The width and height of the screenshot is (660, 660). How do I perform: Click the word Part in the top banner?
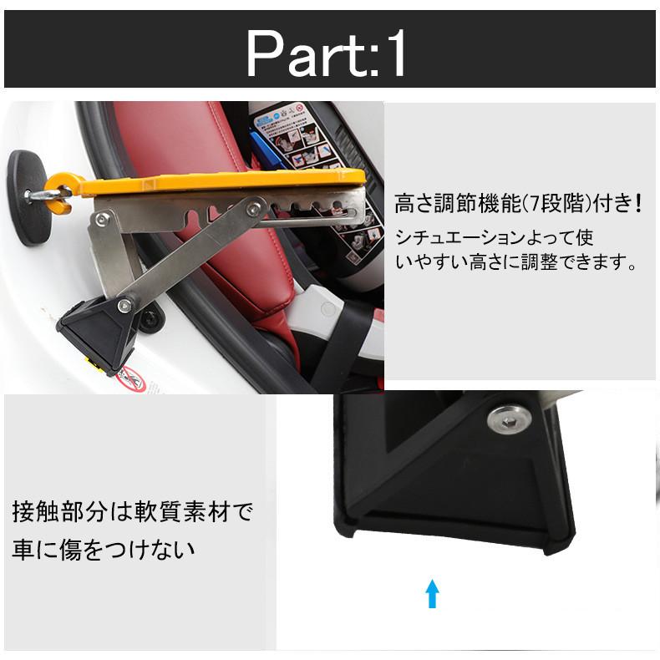coord(304,53)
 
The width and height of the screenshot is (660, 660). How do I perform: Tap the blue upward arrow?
coord(432,593)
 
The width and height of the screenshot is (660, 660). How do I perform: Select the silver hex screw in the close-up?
coord(509,419)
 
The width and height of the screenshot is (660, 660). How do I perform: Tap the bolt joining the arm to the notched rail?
coord(253,208)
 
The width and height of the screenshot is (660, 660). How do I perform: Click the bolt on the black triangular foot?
coord(124,306)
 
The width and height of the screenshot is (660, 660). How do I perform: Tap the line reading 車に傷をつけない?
coord(104,550)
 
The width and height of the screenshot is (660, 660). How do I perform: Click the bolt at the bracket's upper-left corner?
coord(101,218)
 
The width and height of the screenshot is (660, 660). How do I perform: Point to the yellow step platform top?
coord(223,181)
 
